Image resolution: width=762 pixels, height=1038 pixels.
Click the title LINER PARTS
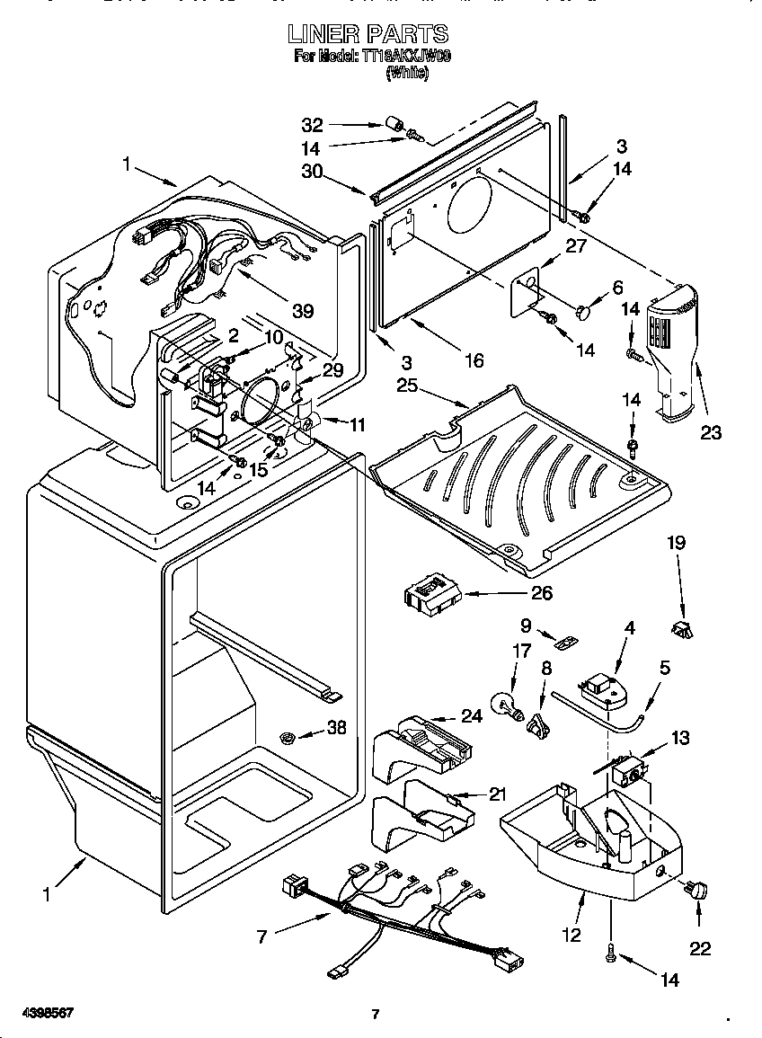[368, 35]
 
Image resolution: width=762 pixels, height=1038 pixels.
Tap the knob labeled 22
[696, 891]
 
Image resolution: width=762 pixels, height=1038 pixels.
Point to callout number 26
[541, 592]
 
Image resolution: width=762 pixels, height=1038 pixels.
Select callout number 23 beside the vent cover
[711, 433]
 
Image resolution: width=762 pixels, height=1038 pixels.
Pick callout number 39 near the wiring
[303, 311]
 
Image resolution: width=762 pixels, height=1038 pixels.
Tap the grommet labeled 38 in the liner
[290, 738]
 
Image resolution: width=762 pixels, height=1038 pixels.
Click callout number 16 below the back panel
[473, 361]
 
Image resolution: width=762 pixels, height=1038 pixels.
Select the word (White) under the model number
[407, 75]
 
